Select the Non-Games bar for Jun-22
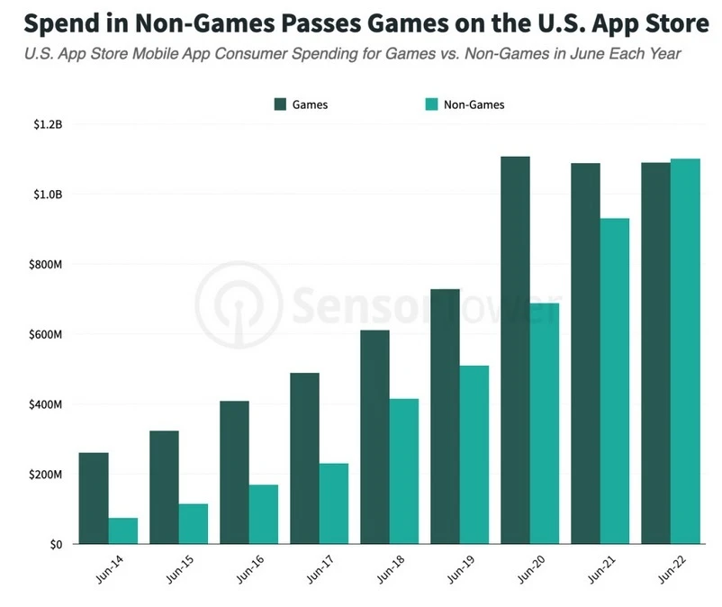(685, 351)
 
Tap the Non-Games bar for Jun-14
(122, 530)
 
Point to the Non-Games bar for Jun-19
(474, 454)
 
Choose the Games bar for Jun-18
(375, 437)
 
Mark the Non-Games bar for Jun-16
(263, 513)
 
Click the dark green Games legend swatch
(280, 104)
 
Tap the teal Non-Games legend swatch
(431, 104)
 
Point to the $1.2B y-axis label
(42, 124)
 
